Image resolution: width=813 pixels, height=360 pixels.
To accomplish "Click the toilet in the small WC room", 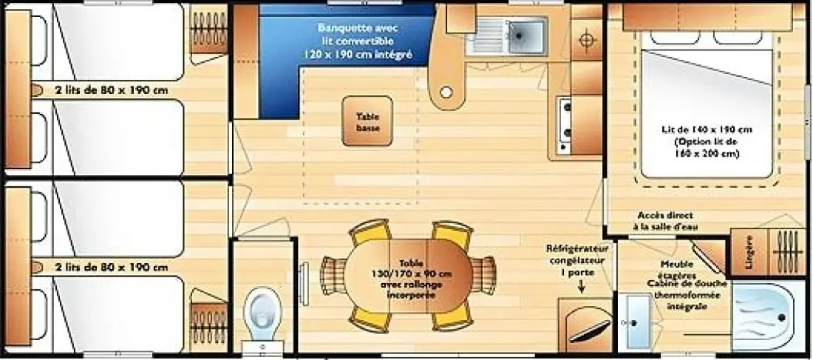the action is [x=262, y=314].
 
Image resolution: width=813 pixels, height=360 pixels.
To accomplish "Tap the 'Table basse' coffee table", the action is [x=367, y=121].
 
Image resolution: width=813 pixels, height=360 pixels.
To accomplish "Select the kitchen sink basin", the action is [x=525, y=35].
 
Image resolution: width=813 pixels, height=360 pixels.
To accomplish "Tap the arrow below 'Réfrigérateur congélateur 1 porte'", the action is [x=581, y=286].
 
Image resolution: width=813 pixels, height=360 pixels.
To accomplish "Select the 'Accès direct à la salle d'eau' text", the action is [x=665, y=221].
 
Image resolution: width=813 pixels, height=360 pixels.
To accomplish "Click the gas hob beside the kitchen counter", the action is [x=564, y=125].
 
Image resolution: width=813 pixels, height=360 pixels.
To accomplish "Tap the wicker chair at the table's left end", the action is [x=333, y=276].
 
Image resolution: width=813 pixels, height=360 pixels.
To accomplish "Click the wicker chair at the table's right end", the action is [x=483, y=276].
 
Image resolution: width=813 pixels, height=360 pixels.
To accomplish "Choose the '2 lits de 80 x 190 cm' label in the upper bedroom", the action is [x=112, y=89].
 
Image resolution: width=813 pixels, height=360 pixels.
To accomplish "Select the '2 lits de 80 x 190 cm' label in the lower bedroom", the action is [x=112, y=268].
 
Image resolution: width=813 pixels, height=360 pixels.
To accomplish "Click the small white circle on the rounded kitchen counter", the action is [x=446, y=92].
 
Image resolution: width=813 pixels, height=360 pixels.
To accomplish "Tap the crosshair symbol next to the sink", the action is [x=586, y=40].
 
